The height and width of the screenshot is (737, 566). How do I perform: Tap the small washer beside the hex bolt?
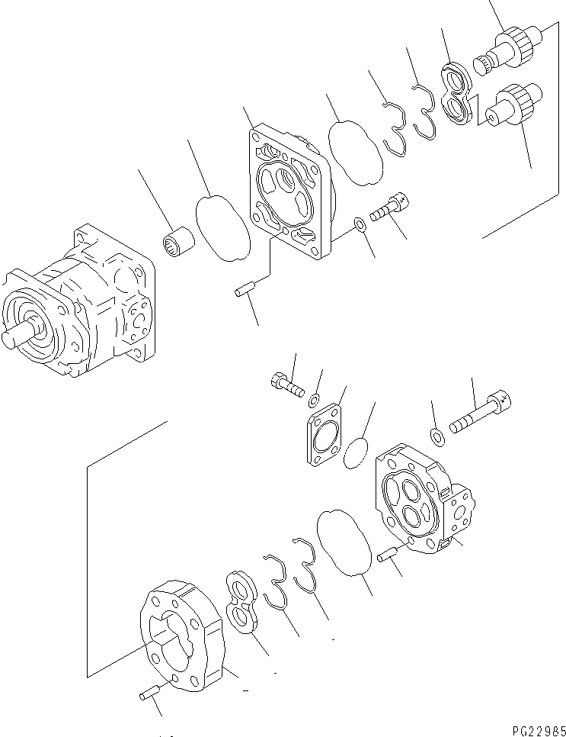click(314, 399)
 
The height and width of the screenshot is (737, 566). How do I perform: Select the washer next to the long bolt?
click(438, 436)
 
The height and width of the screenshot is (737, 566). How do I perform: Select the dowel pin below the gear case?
click(151, 693)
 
